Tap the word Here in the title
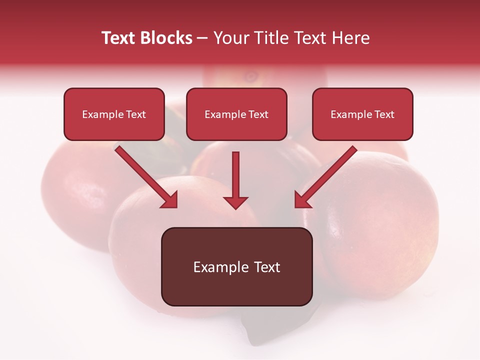coord(350,38)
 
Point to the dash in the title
coord(202,38)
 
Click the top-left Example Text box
coord(114,114)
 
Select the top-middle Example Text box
coord(236,114)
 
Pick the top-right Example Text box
coord(362,114)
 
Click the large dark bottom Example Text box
coord(236,266)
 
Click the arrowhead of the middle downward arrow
coord(235,202)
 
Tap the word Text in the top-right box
coord(384,114)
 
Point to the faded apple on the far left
coord(75,195)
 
